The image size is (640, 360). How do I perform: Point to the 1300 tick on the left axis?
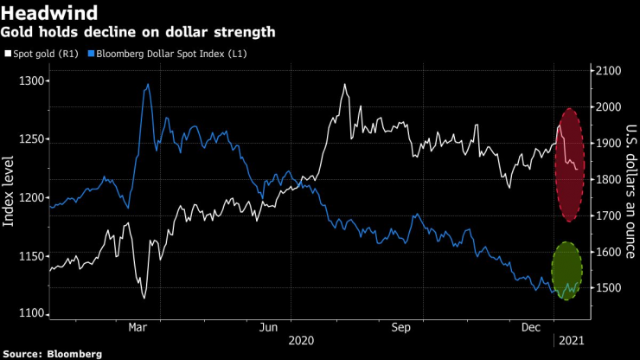[x=32, y=81]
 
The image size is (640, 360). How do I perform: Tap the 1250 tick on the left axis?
[x=32, y=139]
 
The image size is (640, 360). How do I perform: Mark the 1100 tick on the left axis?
[x=32, y=314]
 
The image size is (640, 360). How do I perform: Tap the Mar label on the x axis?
[x=138, y=328]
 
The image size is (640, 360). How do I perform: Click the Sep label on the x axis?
[x=400, y=328]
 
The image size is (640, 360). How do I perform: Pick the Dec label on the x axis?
[x=532, y=328]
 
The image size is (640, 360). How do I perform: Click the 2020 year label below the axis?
[x=301, y=341]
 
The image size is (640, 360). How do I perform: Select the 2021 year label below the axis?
[x=572, y=341]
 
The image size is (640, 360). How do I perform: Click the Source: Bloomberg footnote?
[x=53, y=354]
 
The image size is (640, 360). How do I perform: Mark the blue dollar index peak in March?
[x=149, y=85]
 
